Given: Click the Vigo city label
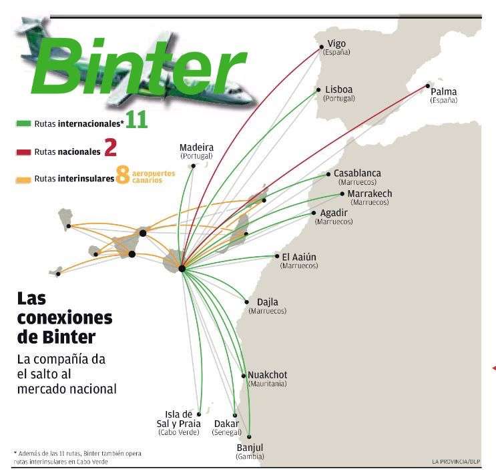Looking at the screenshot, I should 336,44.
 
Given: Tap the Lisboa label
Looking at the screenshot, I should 338,90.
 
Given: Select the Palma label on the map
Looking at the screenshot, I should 444,92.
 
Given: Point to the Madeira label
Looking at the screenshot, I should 196,147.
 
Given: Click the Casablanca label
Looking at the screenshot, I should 357,173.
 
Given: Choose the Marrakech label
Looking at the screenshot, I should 370,194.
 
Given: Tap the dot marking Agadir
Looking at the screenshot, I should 314,213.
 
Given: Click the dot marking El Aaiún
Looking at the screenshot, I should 277,256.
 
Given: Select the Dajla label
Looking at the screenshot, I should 267,302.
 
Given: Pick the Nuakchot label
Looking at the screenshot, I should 267,375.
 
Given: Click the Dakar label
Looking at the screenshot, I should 226,424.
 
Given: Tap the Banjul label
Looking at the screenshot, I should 250,447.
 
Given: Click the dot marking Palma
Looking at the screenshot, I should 427,86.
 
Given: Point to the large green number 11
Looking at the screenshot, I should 136,121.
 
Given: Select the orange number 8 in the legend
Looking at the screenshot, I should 122,175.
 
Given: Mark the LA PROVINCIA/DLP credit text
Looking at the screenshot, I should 455,461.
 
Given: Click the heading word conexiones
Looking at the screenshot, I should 65,316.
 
